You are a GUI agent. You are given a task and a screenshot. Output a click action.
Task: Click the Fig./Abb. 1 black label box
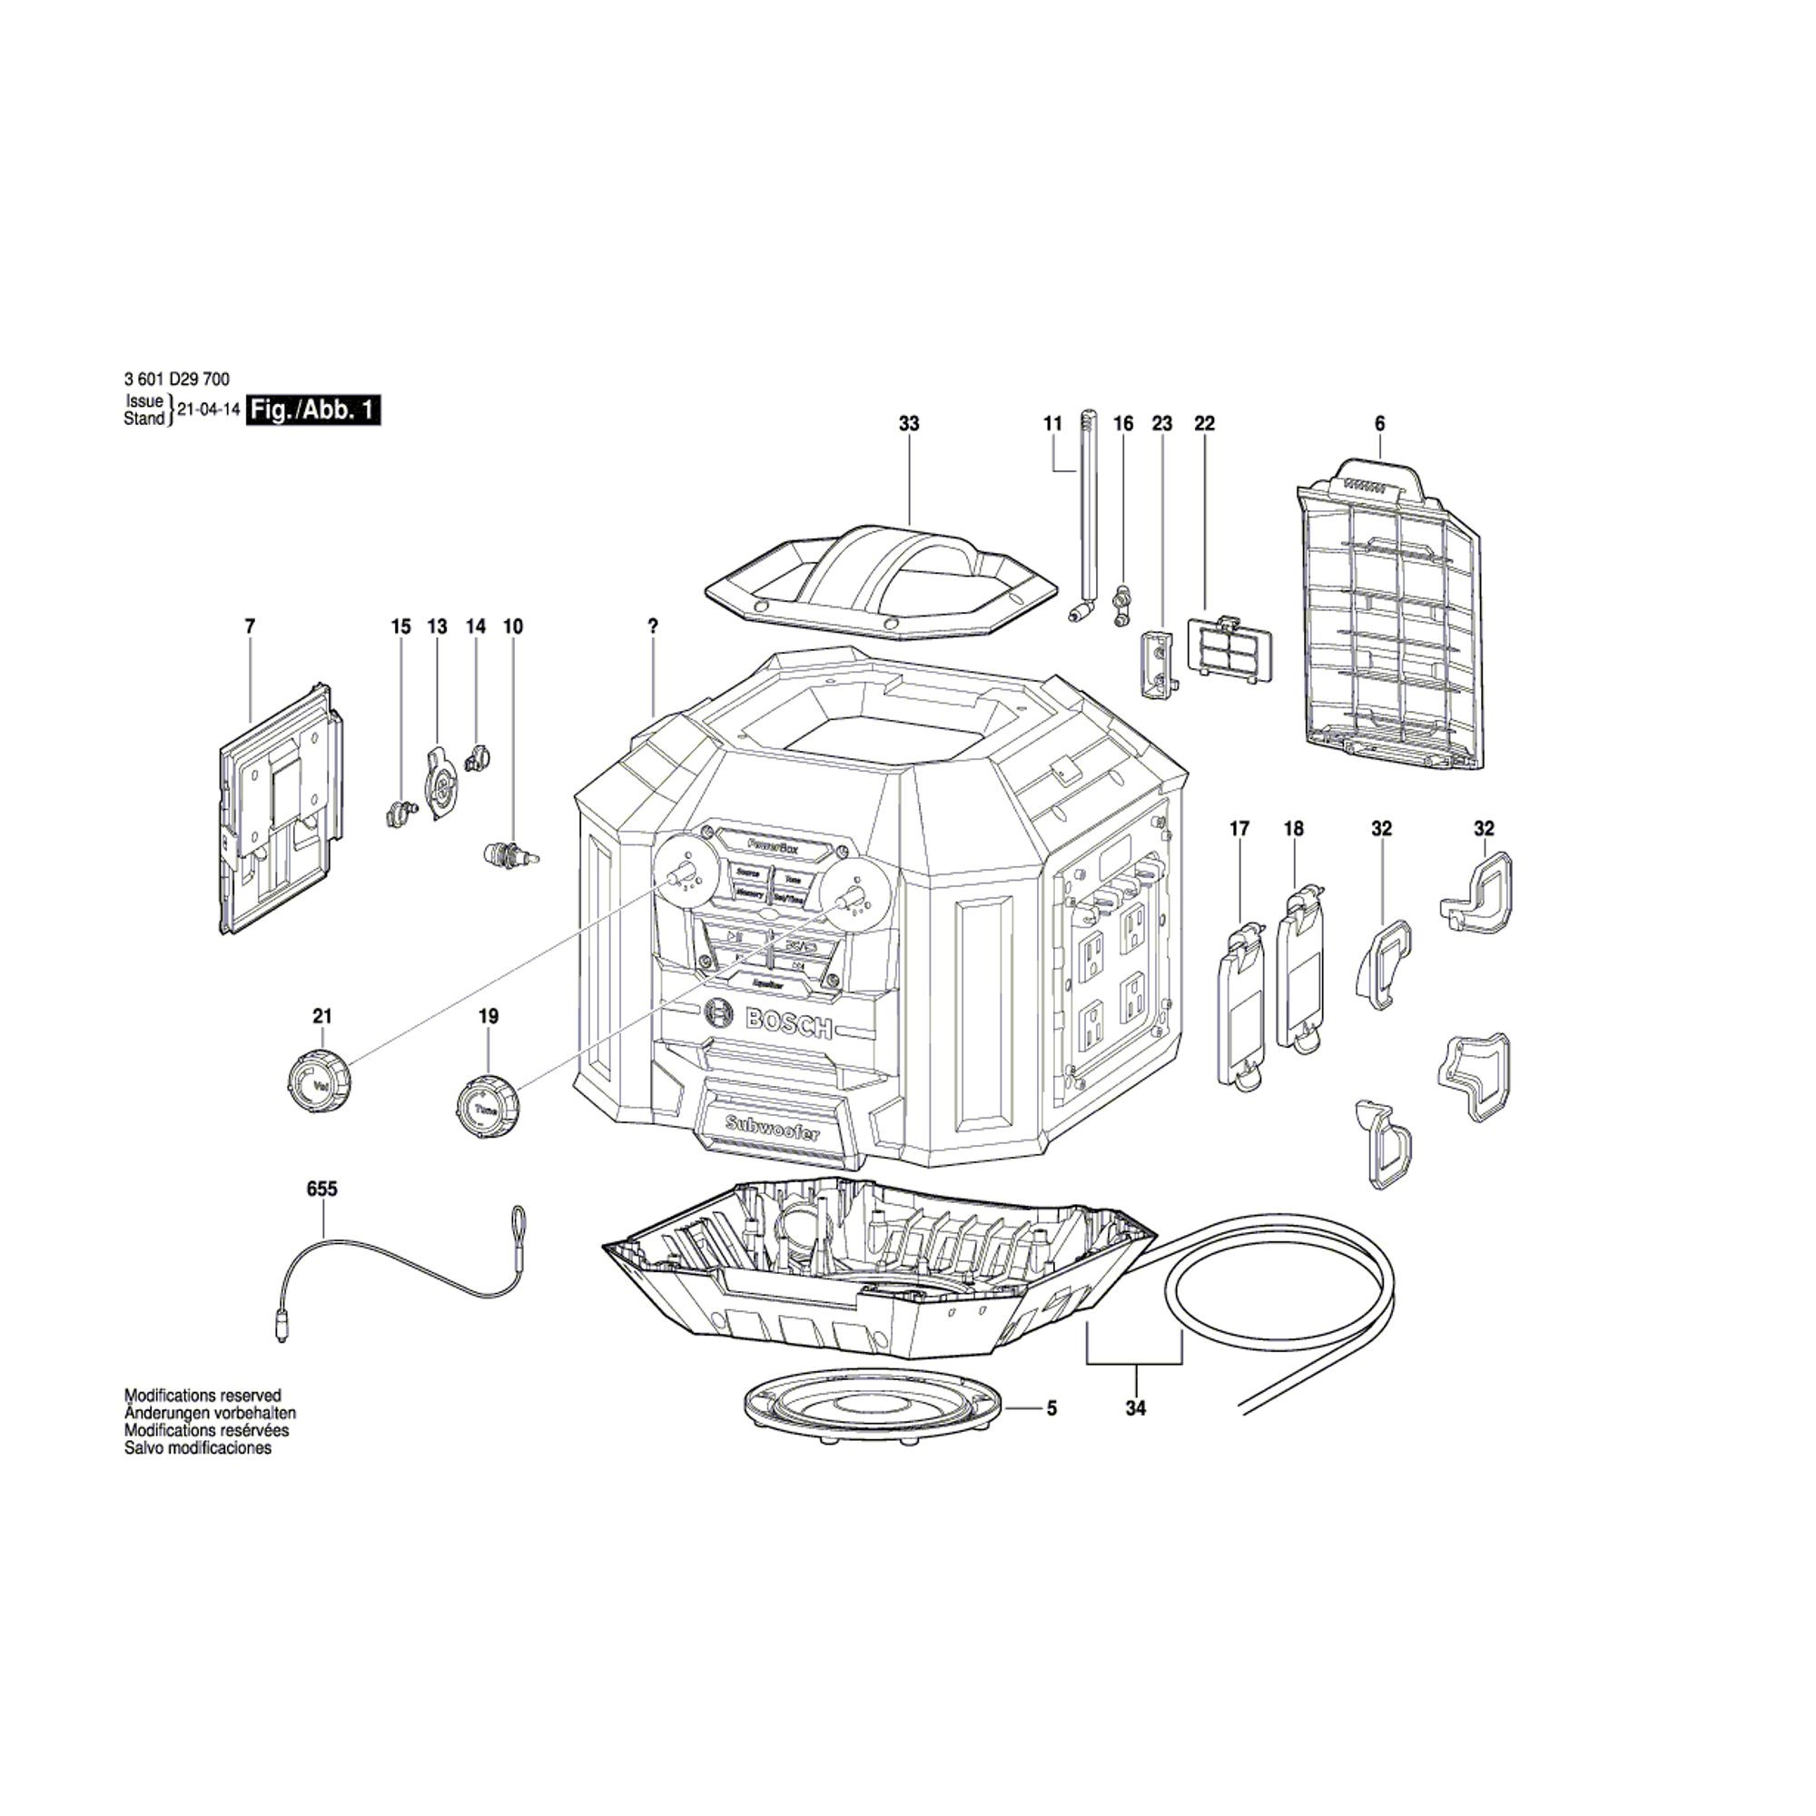point(313,410)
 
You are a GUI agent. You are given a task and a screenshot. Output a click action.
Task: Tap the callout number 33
point(908,424)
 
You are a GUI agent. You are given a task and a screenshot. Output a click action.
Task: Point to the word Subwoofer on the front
point(772,1127)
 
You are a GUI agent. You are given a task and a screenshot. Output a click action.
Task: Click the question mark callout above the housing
point(653,626)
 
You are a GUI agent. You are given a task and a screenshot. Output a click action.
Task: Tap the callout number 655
point(321,1189)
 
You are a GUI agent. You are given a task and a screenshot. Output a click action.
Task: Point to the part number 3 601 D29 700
point(176,380)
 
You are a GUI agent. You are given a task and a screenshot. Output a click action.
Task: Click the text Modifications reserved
point(203,1395)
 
